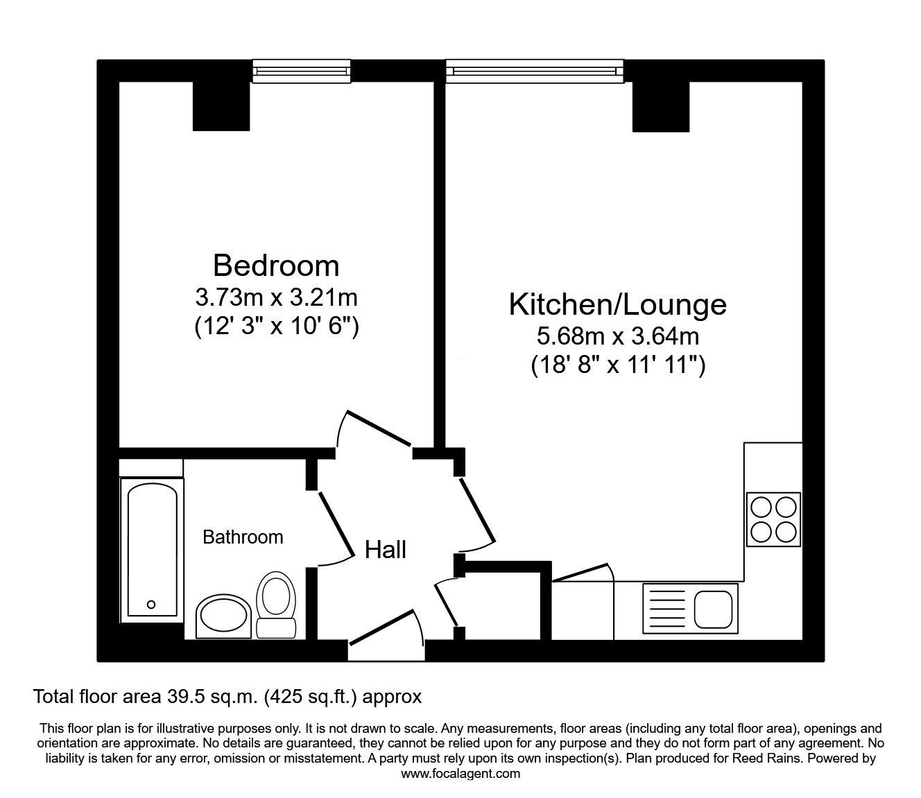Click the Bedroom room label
276,266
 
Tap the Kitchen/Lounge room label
617,305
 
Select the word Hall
386,550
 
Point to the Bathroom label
243,537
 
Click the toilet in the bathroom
276,605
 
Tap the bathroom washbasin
224,617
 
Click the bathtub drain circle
151,605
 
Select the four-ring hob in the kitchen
773,519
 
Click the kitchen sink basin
714,609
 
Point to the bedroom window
302,71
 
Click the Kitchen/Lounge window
535,71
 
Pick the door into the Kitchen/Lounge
477,510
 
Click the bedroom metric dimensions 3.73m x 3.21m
276,297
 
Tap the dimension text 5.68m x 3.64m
617,336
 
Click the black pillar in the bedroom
221,107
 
